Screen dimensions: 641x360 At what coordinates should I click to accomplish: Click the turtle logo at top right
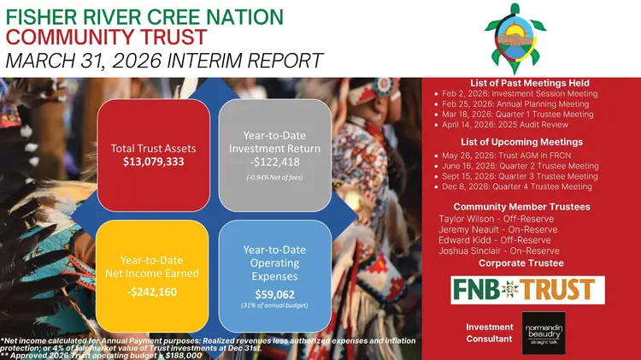[515, 38]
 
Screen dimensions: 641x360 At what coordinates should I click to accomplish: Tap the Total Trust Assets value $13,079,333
[154, 162]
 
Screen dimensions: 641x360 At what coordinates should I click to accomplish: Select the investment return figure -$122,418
[274, 162]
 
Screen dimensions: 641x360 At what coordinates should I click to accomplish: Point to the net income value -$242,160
[152, 292]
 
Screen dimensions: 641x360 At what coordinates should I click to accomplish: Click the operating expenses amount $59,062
[274, 294]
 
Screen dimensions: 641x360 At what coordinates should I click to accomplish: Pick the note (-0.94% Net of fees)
[274, 178]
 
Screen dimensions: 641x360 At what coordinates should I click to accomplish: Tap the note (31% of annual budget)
[274, 305]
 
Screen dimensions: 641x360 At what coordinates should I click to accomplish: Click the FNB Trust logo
[528, 290]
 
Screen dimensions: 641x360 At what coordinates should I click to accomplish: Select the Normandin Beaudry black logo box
[544, 333]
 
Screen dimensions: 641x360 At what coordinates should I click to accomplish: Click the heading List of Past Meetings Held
[530, 83]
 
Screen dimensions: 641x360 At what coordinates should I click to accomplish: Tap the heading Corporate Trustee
[521, 263]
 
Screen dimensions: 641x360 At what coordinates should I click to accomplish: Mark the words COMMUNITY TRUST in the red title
[106, 37]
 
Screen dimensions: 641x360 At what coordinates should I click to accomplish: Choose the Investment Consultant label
[490, 333]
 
